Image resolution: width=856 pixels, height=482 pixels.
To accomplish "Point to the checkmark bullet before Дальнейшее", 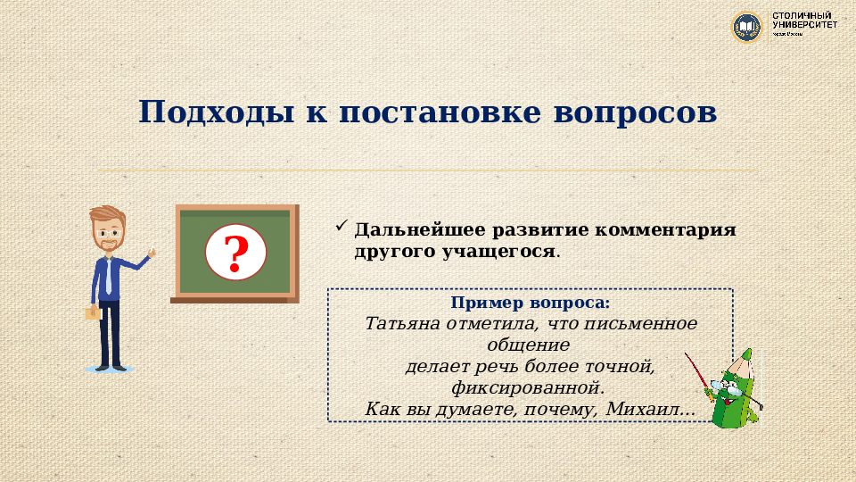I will tap(340, 227).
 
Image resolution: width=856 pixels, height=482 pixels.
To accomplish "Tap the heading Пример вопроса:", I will tap(530, 303).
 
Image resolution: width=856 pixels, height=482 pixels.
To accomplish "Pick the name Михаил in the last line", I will tap(646, 409).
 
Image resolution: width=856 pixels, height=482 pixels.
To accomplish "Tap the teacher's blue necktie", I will tap(108, 278).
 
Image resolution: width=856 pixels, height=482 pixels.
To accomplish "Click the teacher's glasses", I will tap(109, 230).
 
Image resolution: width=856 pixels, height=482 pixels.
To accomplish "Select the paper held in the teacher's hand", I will tap(92, 313).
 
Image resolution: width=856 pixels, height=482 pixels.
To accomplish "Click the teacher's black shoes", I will tap(110, 365).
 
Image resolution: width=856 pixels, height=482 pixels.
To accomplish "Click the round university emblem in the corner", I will tap(747, 27).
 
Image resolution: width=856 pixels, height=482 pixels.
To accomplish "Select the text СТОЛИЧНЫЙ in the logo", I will tap(802, 16).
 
